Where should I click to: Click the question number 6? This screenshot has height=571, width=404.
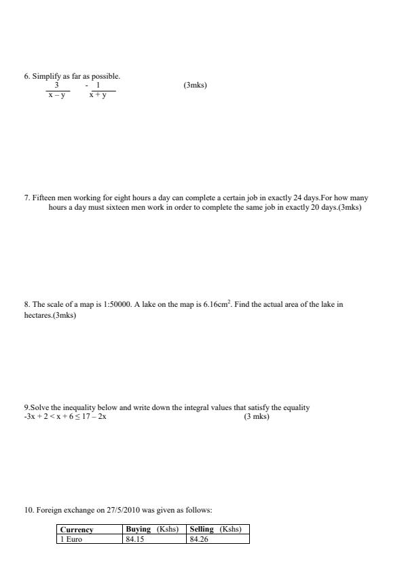point(26,77)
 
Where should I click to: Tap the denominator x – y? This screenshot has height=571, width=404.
point(58,96)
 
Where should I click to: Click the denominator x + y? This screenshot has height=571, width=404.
point(102,96)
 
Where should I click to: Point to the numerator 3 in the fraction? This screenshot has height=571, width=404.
point(57,86)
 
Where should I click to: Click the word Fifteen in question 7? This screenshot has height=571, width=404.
point(45,198)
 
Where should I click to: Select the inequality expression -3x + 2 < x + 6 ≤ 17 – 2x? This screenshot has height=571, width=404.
point(65,417)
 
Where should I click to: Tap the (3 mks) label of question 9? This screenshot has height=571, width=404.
point(257,417)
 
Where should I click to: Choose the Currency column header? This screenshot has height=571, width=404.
point(77,530)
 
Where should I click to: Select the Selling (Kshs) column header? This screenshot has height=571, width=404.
point(216,530)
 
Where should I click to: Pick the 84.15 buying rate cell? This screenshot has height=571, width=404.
point(136,539)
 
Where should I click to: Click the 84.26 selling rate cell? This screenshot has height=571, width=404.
point(200,539)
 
